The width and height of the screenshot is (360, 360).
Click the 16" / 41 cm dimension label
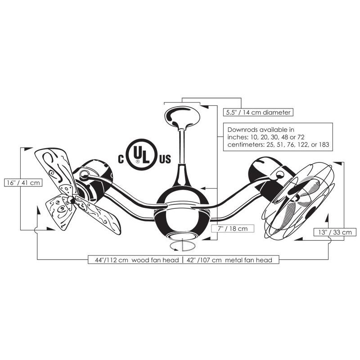(x=23, y=183)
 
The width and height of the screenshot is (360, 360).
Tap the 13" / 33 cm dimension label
(x=335, y=232)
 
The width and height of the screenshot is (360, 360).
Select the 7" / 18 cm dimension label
(x=233, y=229)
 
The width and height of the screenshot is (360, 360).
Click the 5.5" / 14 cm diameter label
(x=258, y=112)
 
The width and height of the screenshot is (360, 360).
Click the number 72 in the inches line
(x=301, y=137)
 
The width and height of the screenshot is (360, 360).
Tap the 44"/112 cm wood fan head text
(x=137, y=260)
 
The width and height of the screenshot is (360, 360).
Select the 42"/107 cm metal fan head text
(x=229, y=260)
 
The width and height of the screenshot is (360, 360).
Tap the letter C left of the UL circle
(x=121, y=159)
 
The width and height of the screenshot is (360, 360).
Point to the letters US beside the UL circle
(x=165, y=159)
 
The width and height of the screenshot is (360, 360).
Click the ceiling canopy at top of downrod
(x=182, y=117)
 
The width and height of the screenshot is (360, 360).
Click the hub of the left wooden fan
(x=71, y=200)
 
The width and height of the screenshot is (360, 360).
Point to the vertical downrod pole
(x=182, y=147)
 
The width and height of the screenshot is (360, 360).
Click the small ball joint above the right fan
(x=280, y=175)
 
